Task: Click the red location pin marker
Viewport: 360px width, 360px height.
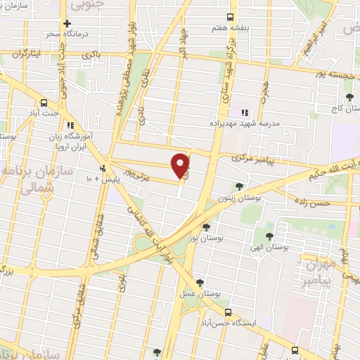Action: coord(181,165)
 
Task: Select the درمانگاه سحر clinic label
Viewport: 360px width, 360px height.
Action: coord(67,34)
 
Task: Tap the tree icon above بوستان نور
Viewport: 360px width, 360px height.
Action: coord(206,226)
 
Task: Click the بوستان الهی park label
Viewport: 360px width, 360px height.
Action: coord(269,248)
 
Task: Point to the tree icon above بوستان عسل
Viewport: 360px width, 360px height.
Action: coord(200,282)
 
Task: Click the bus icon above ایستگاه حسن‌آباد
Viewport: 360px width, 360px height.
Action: coord(226,312)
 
